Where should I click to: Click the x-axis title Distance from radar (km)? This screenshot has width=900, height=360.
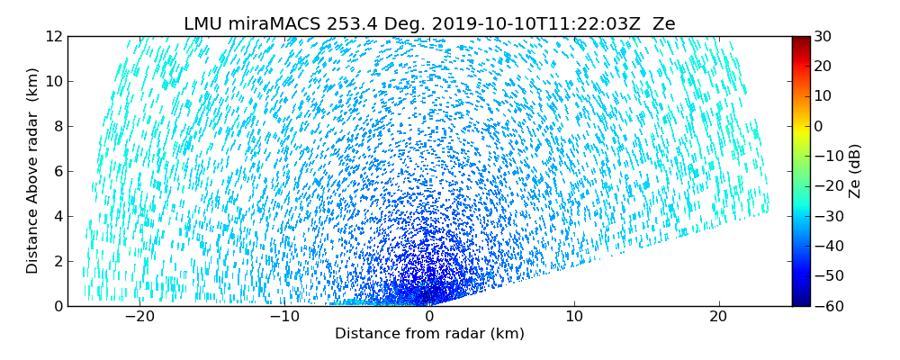click(429, 334)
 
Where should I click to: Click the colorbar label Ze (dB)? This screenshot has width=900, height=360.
click(855, 171)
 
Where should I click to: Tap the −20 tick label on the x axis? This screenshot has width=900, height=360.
click(139, 317)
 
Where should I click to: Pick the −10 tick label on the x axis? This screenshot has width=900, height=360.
click(284, 317)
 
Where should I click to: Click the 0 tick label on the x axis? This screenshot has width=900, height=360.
click(429, 317)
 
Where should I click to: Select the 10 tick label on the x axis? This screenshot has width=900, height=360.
click(574, 317)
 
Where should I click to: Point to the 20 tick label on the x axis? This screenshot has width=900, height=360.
click(718, 317)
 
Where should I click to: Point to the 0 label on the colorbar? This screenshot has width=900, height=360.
click(819, 126)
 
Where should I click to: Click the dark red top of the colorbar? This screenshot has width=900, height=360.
click(800, 40)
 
